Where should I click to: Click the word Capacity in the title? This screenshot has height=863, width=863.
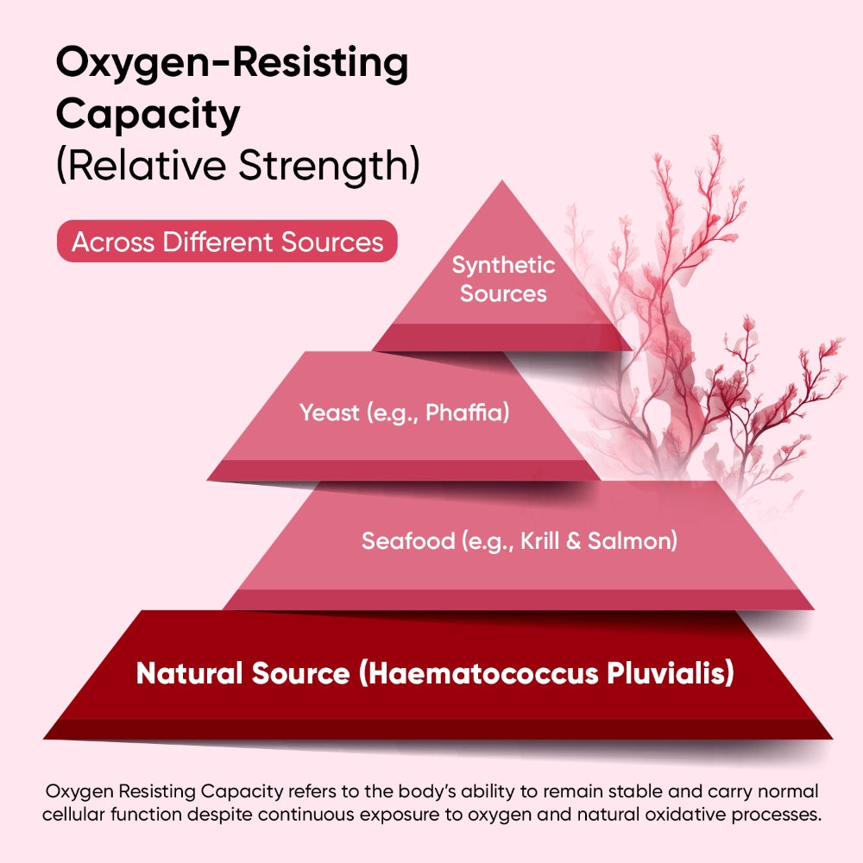(x=148, y=115)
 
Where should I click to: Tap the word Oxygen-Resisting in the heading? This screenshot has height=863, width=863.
(x=231, y=64)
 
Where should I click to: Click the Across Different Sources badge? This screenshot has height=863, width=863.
(x=227, y=242)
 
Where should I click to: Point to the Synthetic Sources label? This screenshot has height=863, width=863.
(x=503, y=279)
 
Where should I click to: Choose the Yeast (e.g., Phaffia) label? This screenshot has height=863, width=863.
(x=405, y=413)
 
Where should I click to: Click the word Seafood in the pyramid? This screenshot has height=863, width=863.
(x=408, y=542)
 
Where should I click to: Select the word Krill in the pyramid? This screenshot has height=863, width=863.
(x=544, y=542)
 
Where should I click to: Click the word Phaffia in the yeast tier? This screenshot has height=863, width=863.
(x=467, y=413)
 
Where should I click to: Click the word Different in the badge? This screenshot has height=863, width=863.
(x=205, y=242)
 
